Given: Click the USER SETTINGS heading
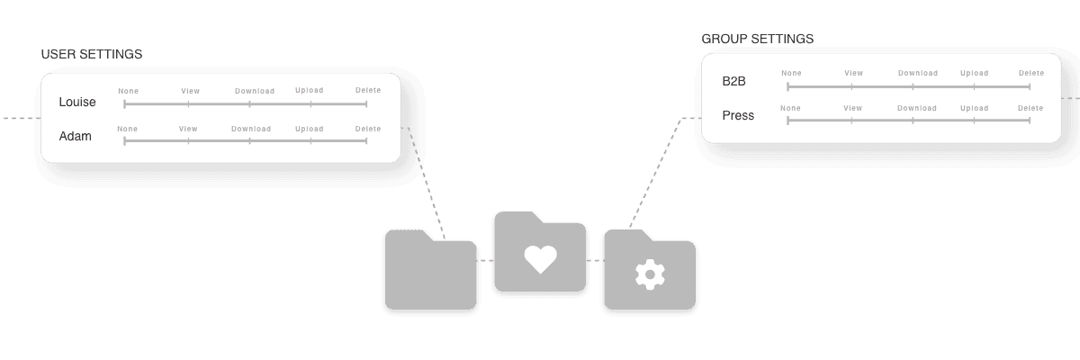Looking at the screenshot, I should tap(92, 55).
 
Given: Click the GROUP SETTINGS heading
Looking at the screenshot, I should tap(757, 40).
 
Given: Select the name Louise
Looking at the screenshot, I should tap(77, 103).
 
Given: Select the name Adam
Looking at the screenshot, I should tap(75, 137).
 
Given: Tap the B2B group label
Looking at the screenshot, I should tap(733, 82).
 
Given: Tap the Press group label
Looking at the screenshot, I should tap(738, 116).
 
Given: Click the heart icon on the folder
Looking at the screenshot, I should tap(540, 259).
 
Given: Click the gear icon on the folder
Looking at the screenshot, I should tap(649, 274).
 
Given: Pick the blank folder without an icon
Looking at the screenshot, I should tap(430, 272).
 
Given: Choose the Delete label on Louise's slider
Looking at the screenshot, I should tap(367, 90).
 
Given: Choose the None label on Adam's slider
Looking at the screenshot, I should tap(128, 129).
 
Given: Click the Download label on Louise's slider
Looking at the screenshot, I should tap(255, 91).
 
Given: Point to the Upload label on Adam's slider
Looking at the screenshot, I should tap(309, 129).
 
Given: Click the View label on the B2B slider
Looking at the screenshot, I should tap(853, 73).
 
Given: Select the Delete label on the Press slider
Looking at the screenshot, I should tap(1030, 108).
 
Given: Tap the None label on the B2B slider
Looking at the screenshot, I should tap(791, 73).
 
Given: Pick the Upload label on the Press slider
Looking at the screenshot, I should tap(974, 108).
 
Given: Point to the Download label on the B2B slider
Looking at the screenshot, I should tap(917, 73).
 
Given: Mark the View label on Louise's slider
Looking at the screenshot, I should tap(190, 91).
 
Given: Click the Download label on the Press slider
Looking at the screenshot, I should tap(916, 108).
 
